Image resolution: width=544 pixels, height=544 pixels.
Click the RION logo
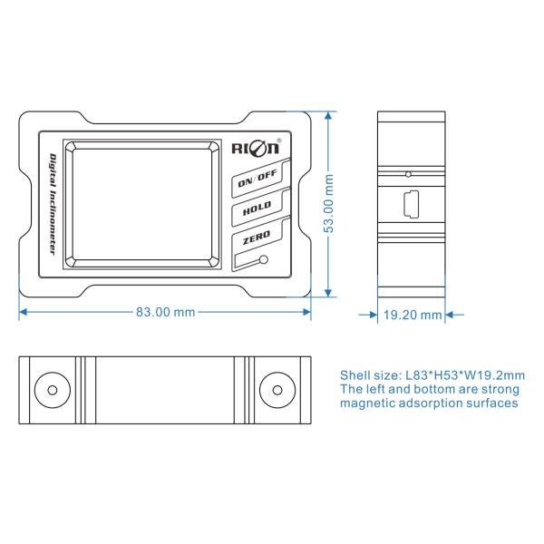coord(256,148)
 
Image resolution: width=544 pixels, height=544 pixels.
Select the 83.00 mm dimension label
coord(165,312)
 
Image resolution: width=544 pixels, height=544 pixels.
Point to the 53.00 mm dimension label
coord(328,203)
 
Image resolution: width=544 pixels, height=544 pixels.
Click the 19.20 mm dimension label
coord(413,315)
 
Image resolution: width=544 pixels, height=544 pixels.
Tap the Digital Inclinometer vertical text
coord(53,204)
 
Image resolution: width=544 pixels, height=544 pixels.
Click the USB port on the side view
coord(411,204)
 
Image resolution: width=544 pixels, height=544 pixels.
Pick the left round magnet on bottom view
coord(53,390)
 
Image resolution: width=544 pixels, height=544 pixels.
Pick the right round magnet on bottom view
coord(277,390)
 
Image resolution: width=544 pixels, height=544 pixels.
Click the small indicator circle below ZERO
coord(264,259)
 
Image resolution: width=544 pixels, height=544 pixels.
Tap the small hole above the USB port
coord(408,174)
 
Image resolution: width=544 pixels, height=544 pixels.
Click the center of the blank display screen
coord(142,204)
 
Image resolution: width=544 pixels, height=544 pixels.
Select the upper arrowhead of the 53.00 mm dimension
coord(328,115)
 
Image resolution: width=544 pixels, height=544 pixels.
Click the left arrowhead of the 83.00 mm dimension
coord(23,312)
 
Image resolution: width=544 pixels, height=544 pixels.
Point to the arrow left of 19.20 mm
coord(368,315)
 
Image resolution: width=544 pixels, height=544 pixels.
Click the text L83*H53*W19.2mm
coord(465,375)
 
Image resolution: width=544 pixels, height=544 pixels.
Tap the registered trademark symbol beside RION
coord(279,141)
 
